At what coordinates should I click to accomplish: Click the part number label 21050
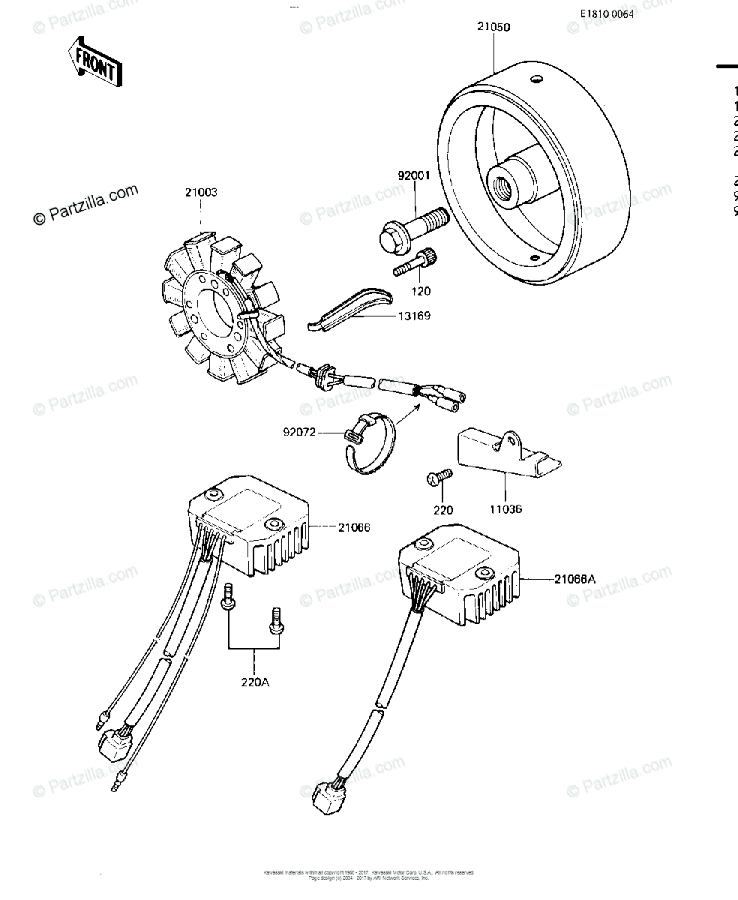493,27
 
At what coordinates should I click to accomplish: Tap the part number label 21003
201,193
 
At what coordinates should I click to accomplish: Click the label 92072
300,432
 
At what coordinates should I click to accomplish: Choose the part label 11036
506,509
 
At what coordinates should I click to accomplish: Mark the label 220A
254,683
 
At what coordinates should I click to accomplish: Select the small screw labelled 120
413,262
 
